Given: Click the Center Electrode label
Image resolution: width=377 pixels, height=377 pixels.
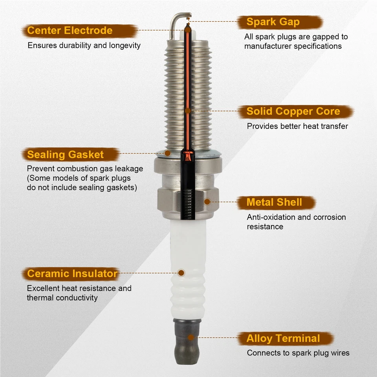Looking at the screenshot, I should (70, 31).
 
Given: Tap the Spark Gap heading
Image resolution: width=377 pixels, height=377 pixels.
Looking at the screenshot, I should (273, 22).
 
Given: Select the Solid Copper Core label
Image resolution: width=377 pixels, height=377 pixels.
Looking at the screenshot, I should (293, 112).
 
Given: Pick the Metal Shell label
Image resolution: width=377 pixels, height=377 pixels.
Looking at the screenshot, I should (274, 203).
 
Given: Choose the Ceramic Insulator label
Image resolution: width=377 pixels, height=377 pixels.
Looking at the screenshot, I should (72, 274).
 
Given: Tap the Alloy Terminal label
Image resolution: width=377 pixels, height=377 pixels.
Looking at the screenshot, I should (283, 339).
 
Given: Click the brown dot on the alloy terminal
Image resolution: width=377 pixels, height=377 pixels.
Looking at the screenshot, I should (190, 337).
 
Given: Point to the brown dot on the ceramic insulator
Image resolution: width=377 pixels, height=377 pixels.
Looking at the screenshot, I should (181, 272).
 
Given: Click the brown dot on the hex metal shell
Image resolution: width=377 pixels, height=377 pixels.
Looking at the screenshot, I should (207, 202).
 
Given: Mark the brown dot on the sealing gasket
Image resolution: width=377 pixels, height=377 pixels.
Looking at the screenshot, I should (168, 152).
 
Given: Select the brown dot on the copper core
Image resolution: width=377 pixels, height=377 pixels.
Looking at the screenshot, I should (188, 111).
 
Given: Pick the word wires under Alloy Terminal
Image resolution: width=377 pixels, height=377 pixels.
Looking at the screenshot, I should (339, 353).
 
